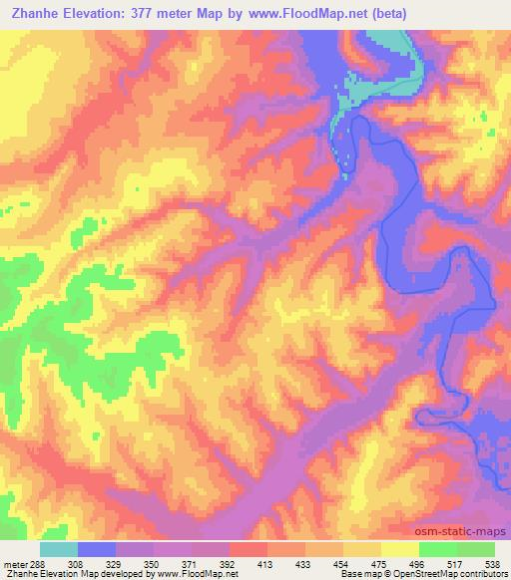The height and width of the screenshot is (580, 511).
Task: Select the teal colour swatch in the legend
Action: click(x=59, y=549)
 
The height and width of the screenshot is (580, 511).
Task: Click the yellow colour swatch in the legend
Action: click(x=399, y=549)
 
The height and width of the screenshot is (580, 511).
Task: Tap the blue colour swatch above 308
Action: click(x=97, y=549)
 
